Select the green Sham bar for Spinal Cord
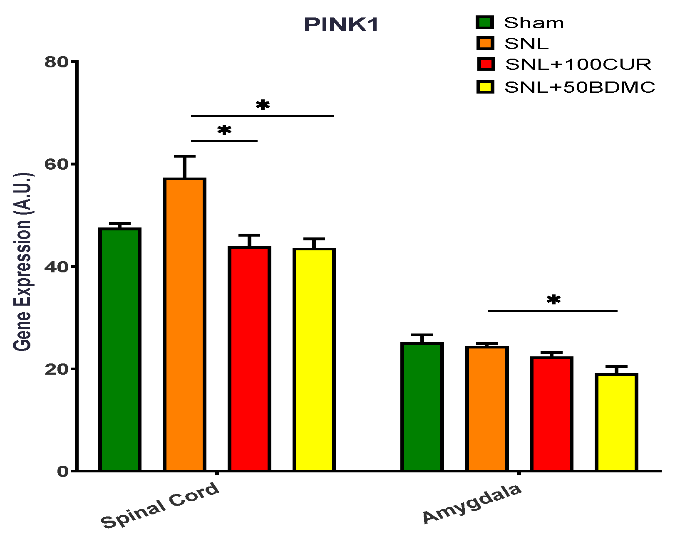tap(120, 349)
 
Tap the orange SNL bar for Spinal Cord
tap(185, 324)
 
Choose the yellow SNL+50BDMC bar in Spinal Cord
tap(314, 359)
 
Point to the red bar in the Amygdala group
tap(551, 414)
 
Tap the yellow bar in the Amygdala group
tap(616, 422)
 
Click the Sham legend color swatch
tap(485, 22)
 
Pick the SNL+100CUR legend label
tap(578, 64)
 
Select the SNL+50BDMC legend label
tap(580, 87)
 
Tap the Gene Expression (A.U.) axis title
tap(22, 262)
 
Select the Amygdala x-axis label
tap(472, 503)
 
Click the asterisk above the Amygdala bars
tap(553, 300)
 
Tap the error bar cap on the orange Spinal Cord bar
tap(185, 156)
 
